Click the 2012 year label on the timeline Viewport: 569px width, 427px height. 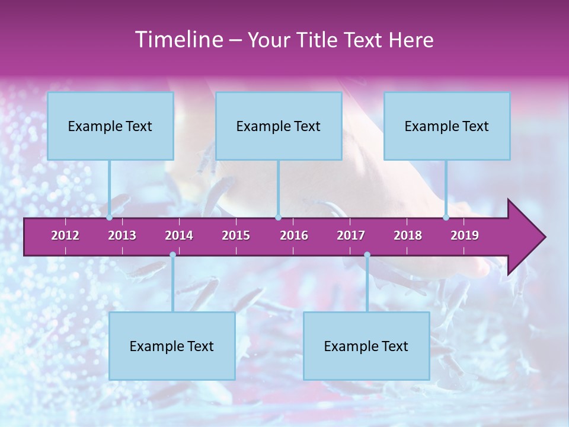point(65,235)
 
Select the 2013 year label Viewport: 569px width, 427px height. point(122,235)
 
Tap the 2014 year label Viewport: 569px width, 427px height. point(179,235)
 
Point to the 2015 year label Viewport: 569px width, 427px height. point(236,235)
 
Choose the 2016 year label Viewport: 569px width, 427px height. point(294,235)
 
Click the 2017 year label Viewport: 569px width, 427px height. point(351,235)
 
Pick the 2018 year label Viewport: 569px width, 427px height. point(408,235)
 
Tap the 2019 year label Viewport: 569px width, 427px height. point(465,235)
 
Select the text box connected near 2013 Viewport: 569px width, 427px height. point(110,126)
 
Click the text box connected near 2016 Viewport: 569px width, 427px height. point(279,126)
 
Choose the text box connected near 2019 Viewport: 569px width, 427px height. point(447,126)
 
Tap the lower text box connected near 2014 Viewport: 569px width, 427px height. point(172,346)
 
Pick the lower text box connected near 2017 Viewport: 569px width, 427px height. point(366,346)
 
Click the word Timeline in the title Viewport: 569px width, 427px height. point(178,40)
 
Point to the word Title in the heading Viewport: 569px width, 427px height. point(318,40)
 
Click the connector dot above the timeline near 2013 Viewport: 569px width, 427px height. point(110,217)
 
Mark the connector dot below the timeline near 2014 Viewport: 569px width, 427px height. point(172,255)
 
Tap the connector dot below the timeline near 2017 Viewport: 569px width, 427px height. point(367,255)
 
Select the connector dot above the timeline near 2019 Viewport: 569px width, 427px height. point(446,217)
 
